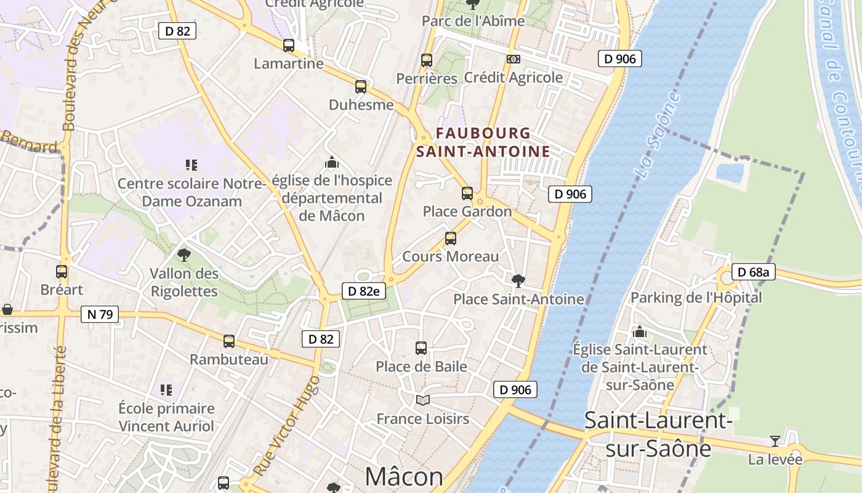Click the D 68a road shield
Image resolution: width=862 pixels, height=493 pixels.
pyautogui.click(x=753, y=272)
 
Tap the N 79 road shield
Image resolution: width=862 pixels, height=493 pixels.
pyautogui.click(x=100, y=314)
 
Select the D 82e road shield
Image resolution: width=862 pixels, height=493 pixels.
pyautogui.click(x=363, y=291)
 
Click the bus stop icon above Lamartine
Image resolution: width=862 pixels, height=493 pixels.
pyautogui.click(x=289, y=45)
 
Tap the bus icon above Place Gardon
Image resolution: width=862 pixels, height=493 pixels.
pyautogui.click(x=467, y=194)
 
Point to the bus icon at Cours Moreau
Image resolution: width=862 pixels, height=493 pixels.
pyautogui.click(x=451, y=238)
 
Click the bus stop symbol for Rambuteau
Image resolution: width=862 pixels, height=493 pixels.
pyautogui.click(x=229, y=341)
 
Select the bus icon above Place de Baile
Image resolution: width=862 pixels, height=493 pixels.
pyautogui.click(x=421, y=348)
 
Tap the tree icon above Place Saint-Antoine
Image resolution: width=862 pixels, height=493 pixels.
pyautogui.click(x=518, y=281)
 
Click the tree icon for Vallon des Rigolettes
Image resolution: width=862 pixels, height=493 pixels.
pyautogui.click(x=183, y=255)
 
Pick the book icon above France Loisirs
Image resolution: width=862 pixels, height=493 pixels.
pyautogui.click(x=422, y=401)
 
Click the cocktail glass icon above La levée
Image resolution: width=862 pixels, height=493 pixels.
pyautogui.click(x=775, y=441)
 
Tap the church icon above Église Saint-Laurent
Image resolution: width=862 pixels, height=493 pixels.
pyautogui.click(x=640, y=332)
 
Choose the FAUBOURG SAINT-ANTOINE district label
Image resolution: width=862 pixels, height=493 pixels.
pyautogui.click(x=483, y=142)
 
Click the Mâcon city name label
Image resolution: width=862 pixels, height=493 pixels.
pyautogui.click(x=404, y=476)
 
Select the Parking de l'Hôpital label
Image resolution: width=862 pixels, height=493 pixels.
pyautogui.click(x=696, y=298)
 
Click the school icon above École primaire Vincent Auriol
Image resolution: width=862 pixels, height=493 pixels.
pyautogui.click(x=166, y=389)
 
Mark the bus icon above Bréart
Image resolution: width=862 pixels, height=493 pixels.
pyautogui.click(x=62, y=271)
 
